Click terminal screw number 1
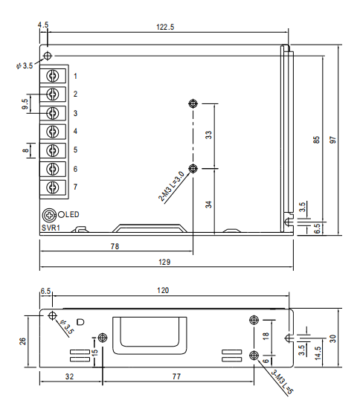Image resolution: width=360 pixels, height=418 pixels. coord(53,76)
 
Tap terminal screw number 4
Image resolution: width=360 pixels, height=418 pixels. coord(53,132)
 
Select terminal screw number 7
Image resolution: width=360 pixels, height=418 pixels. coord(53,187)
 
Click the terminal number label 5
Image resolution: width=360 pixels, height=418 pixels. coord(75,150)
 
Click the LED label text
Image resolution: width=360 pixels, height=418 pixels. coord(71,215)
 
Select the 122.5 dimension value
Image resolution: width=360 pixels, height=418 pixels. coord(164,27)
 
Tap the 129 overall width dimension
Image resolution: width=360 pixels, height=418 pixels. coord(164,262)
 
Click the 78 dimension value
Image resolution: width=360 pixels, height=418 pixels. coord(115,245)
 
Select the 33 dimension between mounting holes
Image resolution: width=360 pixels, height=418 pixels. coord(209,135)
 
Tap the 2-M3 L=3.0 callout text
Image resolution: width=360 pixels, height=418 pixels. coord(171,187)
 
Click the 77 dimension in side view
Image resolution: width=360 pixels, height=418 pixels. coord(176,378)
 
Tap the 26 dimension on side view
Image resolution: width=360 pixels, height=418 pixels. coord(23,340)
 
